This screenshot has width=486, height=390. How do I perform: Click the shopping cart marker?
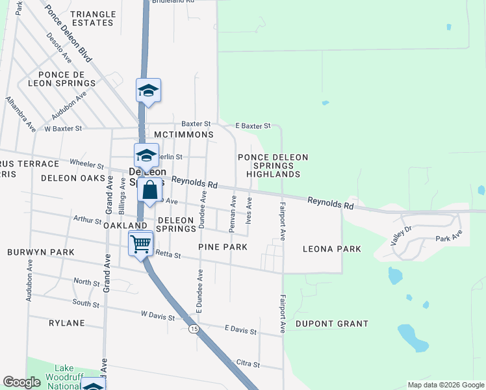point(141,244)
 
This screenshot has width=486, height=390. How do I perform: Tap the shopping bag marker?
point(149,191)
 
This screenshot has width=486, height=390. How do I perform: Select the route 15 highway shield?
point(194,330)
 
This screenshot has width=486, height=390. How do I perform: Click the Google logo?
point(21,382)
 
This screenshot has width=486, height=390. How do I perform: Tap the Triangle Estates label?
point(92,18)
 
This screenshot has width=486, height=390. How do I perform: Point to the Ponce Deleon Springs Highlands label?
point(273,166)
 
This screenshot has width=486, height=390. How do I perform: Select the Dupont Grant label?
point(331,323)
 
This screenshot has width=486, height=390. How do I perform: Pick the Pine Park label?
point(224,247)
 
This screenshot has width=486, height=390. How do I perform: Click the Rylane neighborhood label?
point(67,322)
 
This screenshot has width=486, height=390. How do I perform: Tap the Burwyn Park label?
point(41,252)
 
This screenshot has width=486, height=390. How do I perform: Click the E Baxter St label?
point(252,125)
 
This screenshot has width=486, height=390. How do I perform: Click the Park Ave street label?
point(448,239)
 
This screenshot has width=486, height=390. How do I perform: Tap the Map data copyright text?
point(445,385)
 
